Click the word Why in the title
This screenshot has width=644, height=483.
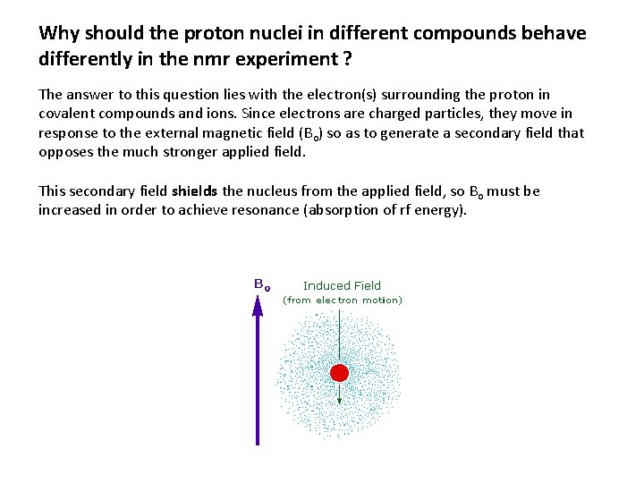click(x=59, y=34)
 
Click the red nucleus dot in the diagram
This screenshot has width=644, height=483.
click(x=340, y=373)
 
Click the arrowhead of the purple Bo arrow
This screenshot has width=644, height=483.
click(x=258, y=306)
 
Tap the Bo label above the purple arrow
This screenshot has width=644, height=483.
click(x=262, y=284)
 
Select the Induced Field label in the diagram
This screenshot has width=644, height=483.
click(x=342, y=286)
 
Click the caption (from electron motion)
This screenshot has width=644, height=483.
click(x=343, y=301)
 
